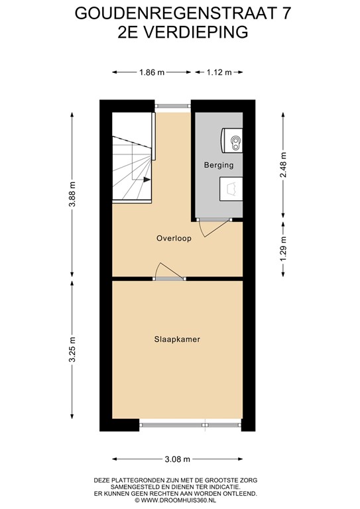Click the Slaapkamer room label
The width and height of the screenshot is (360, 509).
tap(177, 339)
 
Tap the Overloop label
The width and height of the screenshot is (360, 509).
tap(174, 238)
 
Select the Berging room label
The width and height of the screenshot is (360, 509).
tap(218, 165)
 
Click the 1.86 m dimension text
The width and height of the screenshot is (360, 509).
tap(152, 73)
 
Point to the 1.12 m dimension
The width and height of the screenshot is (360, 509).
tap(219, 73)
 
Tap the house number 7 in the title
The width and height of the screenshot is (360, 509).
tap(286, 12)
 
